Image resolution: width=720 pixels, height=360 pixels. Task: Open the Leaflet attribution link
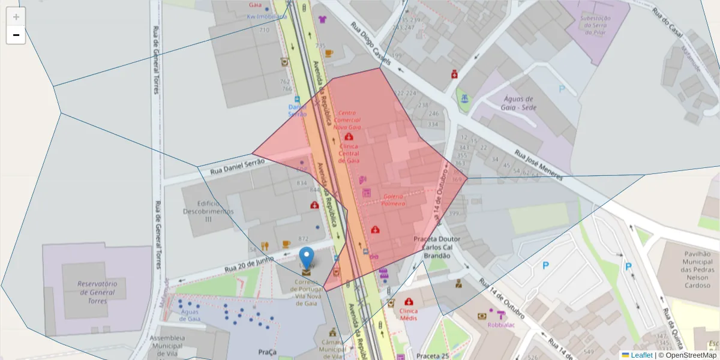[x=641, y=355]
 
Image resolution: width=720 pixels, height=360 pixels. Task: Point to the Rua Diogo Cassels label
[x=371, y=43]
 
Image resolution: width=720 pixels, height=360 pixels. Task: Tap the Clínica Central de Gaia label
[x=349, y=153]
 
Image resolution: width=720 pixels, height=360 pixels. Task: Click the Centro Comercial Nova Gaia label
[x=347, y=120]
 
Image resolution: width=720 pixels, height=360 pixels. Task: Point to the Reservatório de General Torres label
[x=96, y=292]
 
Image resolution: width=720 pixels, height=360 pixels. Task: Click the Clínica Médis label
[x=409, y=314]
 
